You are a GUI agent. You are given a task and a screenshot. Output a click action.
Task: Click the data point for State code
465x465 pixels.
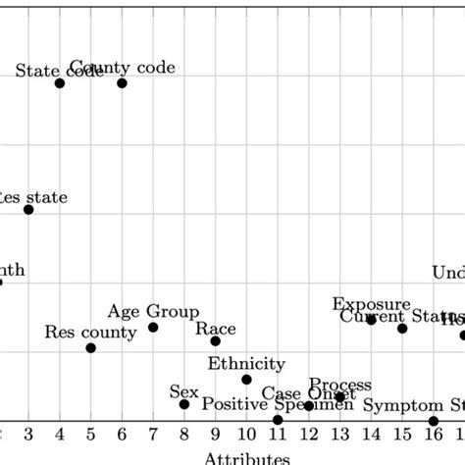click(60, 83)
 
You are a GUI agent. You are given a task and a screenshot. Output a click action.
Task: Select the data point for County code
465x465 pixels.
click(122, 83)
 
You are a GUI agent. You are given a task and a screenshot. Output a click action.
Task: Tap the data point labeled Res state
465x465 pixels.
click(28, 210)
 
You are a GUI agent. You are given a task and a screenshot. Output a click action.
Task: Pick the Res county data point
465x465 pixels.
click(91, 348)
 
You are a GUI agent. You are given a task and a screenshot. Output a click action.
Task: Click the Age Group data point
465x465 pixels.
click(153, 327)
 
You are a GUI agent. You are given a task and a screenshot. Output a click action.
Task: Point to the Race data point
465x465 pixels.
click(216, 341)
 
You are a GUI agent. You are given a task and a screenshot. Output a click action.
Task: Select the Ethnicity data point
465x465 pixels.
click(246, 380)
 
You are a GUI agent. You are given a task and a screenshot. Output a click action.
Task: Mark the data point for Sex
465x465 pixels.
click(184, 404)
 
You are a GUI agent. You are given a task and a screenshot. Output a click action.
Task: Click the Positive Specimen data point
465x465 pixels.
click(278, 420)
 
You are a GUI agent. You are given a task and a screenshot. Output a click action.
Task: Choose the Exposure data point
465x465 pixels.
click(371, 320)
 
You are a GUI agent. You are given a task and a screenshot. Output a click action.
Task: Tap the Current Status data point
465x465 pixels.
click(402, 328)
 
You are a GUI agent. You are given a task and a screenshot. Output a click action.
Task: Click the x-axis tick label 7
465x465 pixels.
click(153, 435)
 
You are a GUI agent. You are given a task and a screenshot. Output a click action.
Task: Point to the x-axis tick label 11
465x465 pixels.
click(278, 435)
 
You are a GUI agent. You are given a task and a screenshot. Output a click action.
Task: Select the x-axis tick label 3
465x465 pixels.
click(28, 435)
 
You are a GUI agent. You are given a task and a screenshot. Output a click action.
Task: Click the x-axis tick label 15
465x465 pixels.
click(402, 435)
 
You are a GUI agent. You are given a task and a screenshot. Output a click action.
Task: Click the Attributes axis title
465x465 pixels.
click(246, 457)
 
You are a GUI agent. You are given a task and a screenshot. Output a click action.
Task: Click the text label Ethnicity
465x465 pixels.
click(246, 364)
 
